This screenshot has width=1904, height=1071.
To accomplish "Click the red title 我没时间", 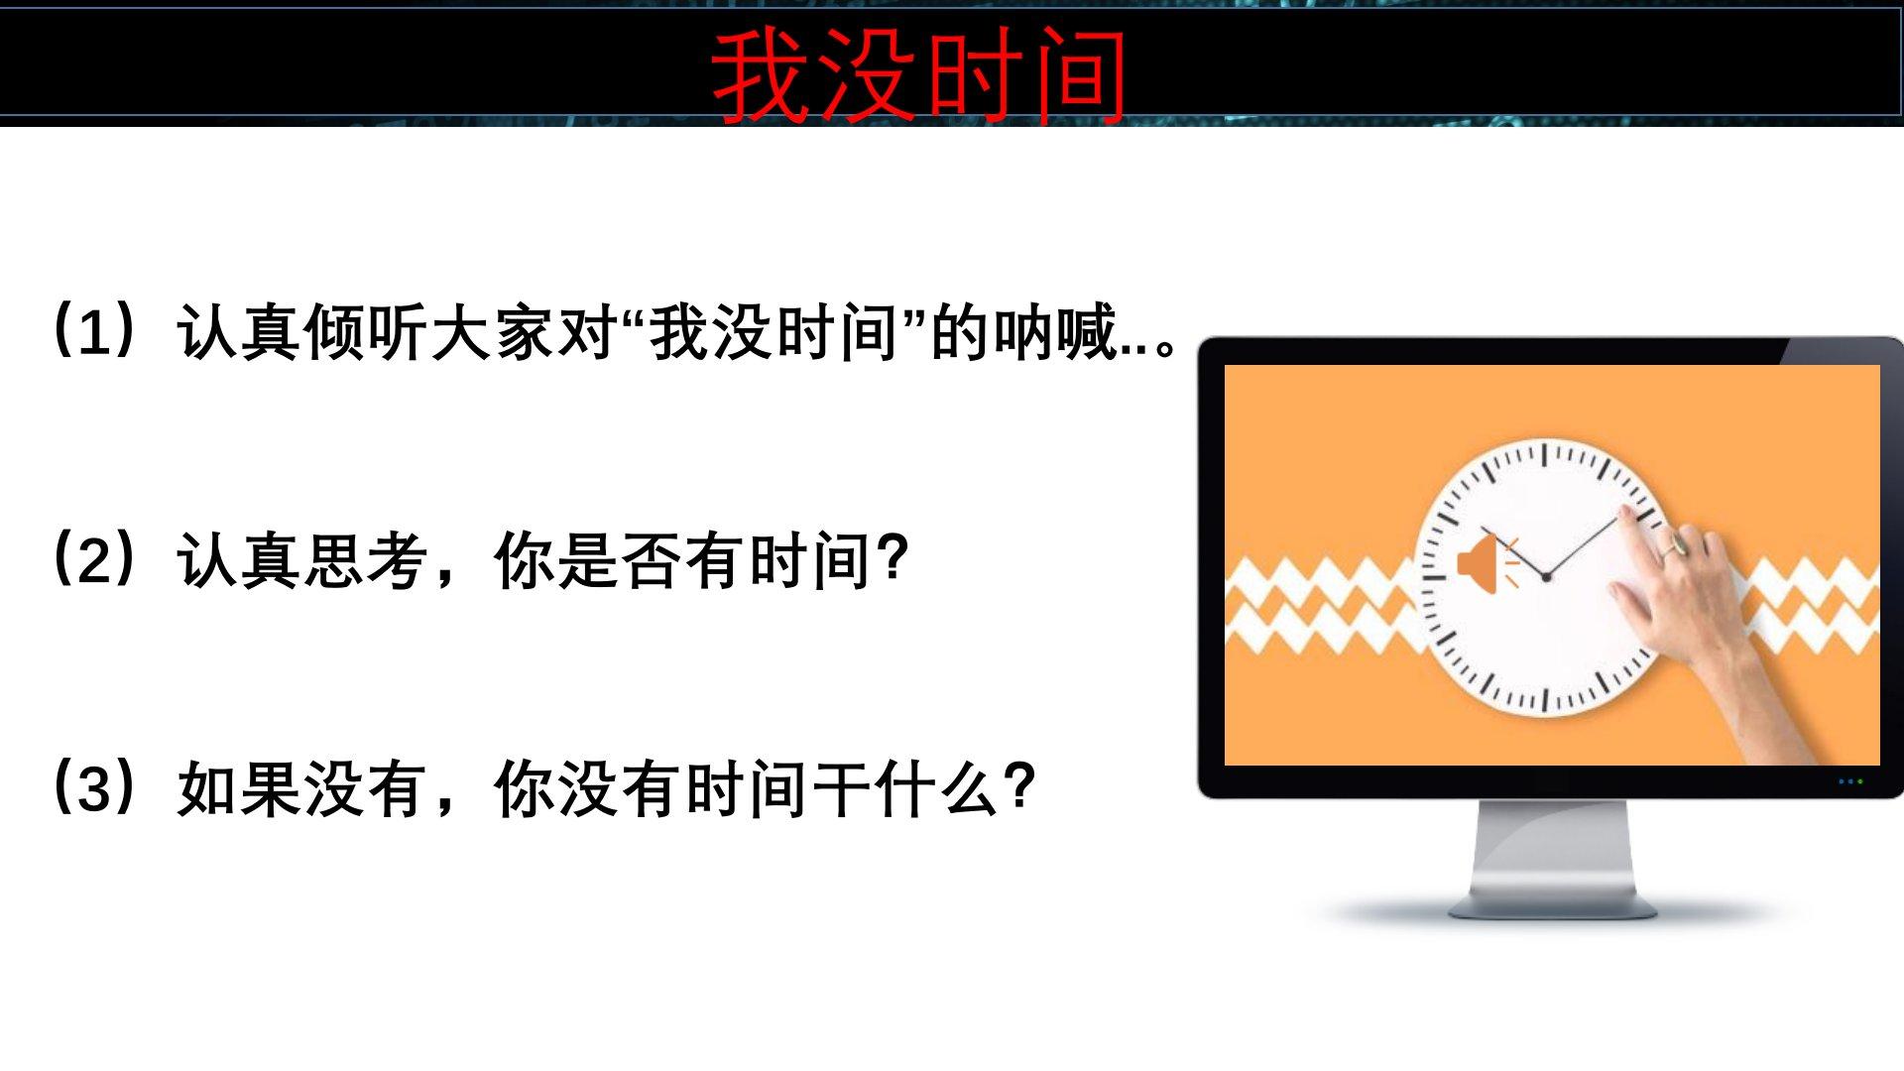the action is (919, 75).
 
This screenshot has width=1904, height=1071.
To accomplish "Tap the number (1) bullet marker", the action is (94, 331).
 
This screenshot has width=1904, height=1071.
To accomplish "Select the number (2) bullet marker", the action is (94, 559).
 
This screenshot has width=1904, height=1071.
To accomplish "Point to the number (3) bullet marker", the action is (94, 787).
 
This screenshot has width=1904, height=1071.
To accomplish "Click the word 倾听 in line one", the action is (366, 331).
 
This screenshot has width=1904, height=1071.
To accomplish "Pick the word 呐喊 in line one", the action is (1054, 331).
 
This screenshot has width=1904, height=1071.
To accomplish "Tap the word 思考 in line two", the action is (366, 560).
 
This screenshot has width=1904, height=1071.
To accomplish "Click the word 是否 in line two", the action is (620, 560).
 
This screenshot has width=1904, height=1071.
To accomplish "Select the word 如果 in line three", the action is (239, 788).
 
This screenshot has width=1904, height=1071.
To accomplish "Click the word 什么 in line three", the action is (937, 788).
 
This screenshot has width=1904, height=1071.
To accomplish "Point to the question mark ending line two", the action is (893, 558).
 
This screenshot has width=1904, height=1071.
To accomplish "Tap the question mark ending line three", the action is (1020, 786).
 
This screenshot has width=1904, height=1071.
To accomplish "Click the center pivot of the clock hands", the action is (1546, 576).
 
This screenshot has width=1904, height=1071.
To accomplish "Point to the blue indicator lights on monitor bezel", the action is (1850, 781).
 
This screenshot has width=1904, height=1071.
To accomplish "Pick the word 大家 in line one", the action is (493, 331).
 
